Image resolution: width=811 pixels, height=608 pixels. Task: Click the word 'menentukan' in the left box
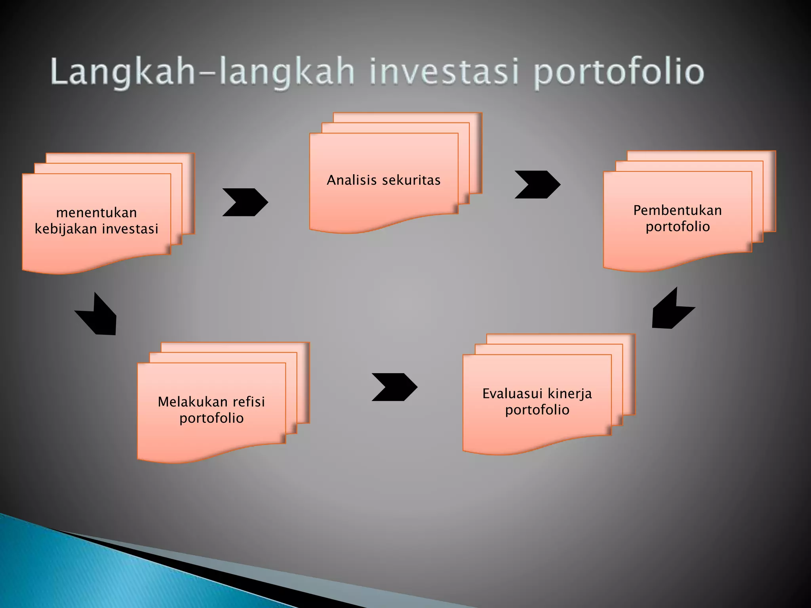[x=97, y=213]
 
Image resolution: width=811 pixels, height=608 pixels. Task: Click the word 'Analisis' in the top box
[x=352, y=180]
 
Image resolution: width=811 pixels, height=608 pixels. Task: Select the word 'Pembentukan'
[x=677, y=210]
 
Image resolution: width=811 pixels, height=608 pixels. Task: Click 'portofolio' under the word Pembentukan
[x=678, y=227]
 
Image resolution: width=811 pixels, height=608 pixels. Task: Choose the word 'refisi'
[x=249, y=402]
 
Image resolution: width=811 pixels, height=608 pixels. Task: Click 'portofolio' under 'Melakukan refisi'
[x=211, y=418]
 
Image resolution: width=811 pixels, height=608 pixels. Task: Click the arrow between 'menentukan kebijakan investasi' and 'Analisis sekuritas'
[x=246, y=202]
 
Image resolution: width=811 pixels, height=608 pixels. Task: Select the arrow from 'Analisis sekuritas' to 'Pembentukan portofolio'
[x=537, y=184]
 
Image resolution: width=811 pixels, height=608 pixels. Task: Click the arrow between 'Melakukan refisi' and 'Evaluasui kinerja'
[x=394, y=387]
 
